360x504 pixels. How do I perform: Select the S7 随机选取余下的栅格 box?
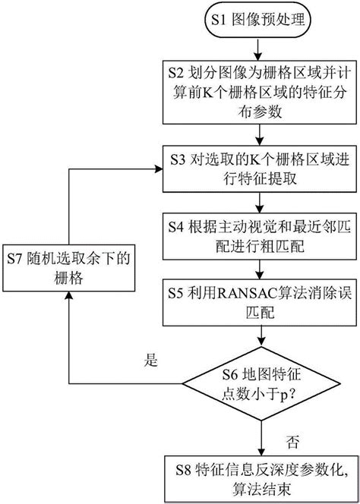[x=68, y=269]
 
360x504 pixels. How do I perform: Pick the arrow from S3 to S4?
[x=260, y=200]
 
